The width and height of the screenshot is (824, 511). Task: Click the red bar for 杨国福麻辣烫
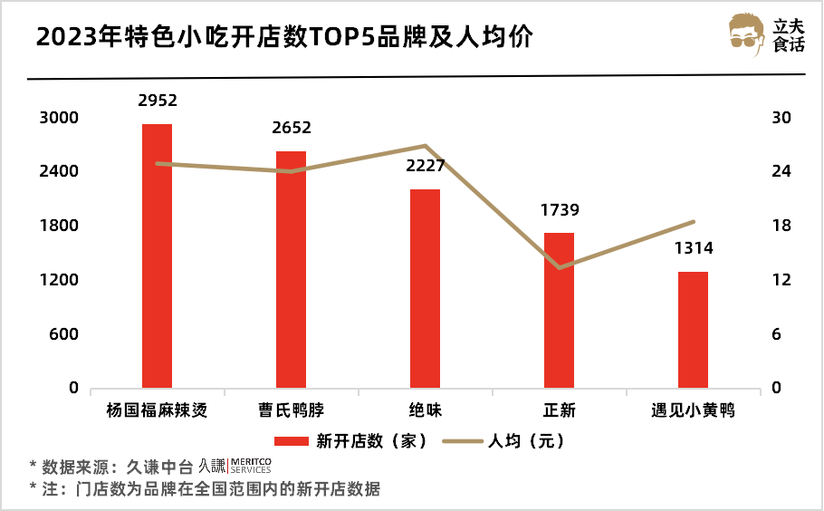[x=157, y=255]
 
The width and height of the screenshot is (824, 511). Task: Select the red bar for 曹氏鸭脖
[x=291, y=269]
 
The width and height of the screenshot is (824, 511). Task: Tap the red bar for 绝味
[x=425, y=288]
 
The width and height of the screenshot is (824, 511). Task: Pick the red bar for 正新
[x=559, y=310]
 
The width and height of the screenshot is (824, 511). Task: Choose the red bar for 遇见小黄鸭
[x=693, y=330]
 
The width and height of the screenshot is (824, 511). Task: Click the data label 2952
[x=157, y=101]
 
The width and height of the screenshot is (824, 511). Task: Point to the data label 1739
[x=560, y=210]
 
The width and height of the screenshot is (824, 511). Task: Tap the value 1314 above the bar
[x=693, y=249]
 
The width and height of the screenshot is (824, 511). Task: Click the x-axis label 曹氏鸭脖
[x=291, y=410]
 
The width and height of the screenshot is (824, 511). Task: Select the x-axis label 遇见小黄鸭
[x=693, y=410]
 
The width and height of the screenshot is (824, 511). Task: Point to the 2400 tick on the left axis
[x=59, y=172]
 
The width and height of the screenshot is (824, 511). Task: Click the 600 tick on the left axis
[x=64, y=334]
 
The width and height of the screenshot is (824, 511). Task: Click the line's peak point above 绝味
[x=425, y=145]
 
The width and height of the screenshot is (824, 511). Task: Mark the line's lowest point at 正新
[x=559, y=267]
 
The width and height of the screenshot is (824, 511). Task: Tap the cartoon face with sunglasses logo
[x=748, y=34]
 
